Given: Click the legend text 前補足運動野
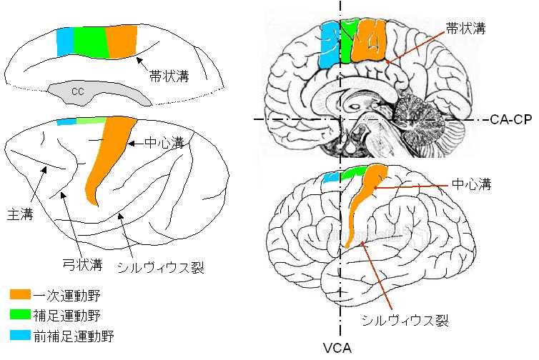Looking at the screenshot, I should (x=74, y=334).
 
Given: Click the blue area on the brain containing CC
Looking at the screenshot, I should (x=64, y=43).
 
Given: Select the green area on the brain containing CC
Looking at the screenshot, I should (x=89, y=42).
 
